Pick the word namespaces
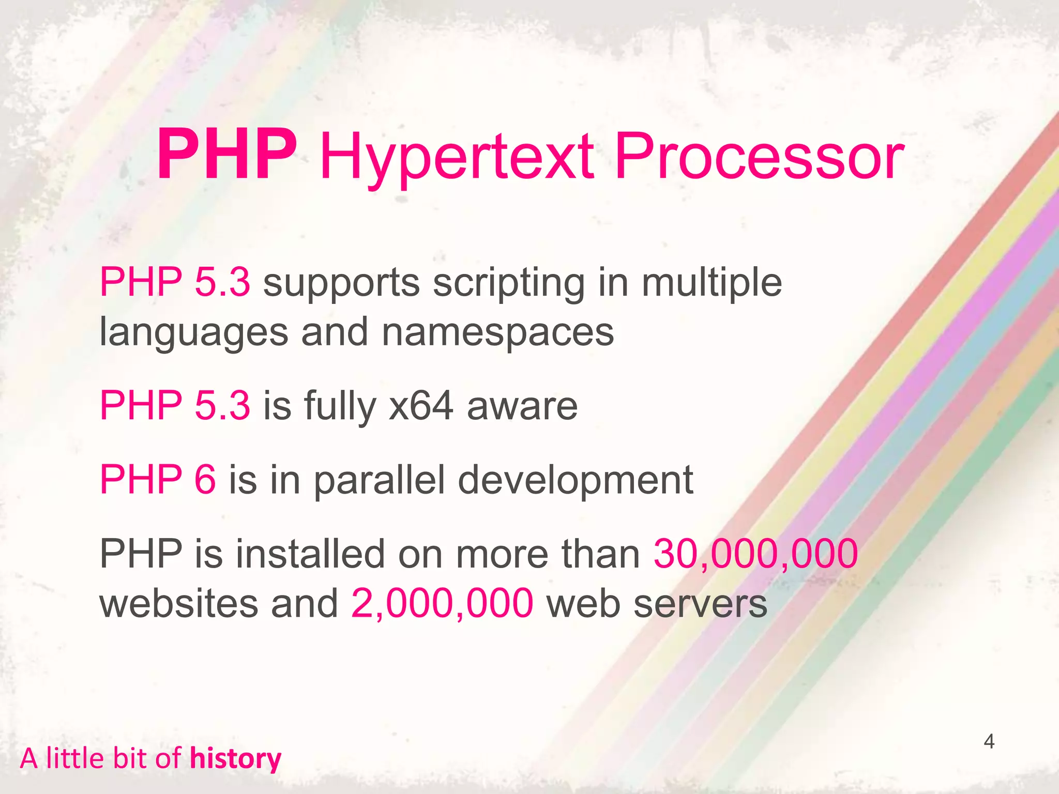click(x=497, y=333)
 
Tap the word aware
click(x=522, y=407)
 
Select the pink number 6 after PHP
click(x=205, y=480)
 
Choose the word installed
click(x=310, y=554)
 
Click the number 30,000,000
click(x=755, y=554)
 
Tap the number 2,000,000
click(x=442, y=604)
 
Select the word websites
click(x=178, y=604)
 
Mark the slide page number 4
click(x=989, y=742)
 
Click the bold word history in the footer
click(x=235, y=759)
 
